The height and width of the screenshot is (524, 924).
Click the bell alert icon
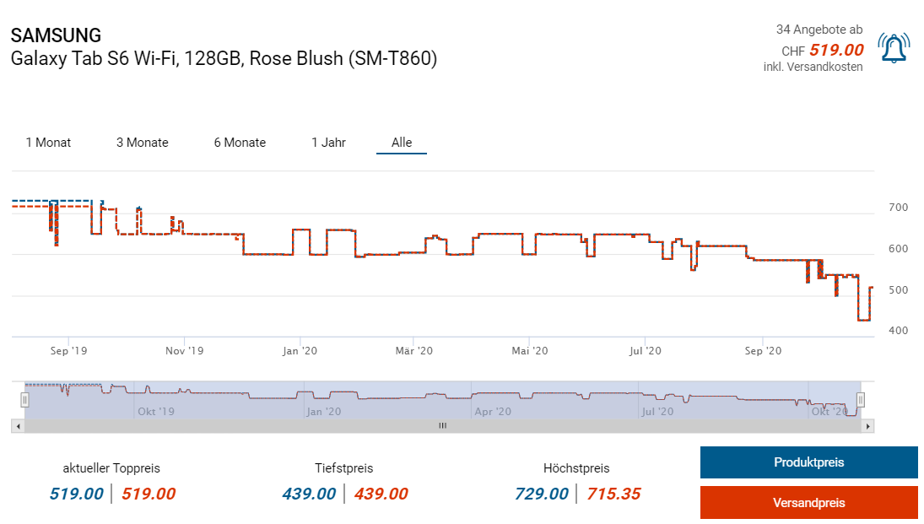pyautogui.click(x=894, y=48)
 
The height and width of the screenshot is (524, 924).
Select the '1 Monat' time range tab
pyautogui.click(x=48, y=143)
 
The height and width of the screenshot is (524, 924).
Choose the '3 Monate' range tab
pyautogui.click(x=143, y=143)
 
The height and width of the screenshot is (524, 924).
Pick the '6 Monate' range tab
pyautogui.click(x=240, y=143)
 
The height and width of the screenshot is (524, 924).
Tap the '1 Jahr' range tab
pyautogui.click(x=328, y=143)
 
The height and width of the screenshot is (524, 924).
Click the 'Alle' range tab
pyautogui.click(x=402, y=143)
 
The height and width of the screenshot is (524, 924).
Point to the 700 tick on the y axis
pyautogui.click(x=898, y=208)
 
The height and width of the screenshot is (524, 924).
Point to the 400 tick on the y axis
pyautogui.click(x=898, y=330)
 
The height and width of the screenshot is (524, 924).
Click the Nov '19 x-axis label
pyautogui.click(x=184, y=351)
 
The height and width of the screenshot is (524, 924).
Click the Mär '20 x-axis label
pyautogui.click(x=413, y=351)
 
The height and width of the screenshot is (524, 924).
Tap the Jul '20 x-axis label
pyautogui.click(x=646, y=351)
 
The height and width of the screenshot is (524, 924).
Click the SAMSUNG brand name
pyautogui.click(x=56, y=35)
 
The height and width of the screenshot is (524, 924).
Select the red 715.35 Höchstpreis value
pyautogui.click(x=613, y=494)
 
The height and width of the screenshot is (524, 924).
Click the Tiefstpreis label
pyautogui.click(x=343, y=467)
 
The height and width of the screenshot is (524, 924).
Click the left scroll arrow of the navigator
pyautogui.click(x=18, y=427)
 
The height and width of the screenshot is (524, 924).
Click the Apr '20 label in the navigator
pyautogui.click(x=493, y=412)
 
